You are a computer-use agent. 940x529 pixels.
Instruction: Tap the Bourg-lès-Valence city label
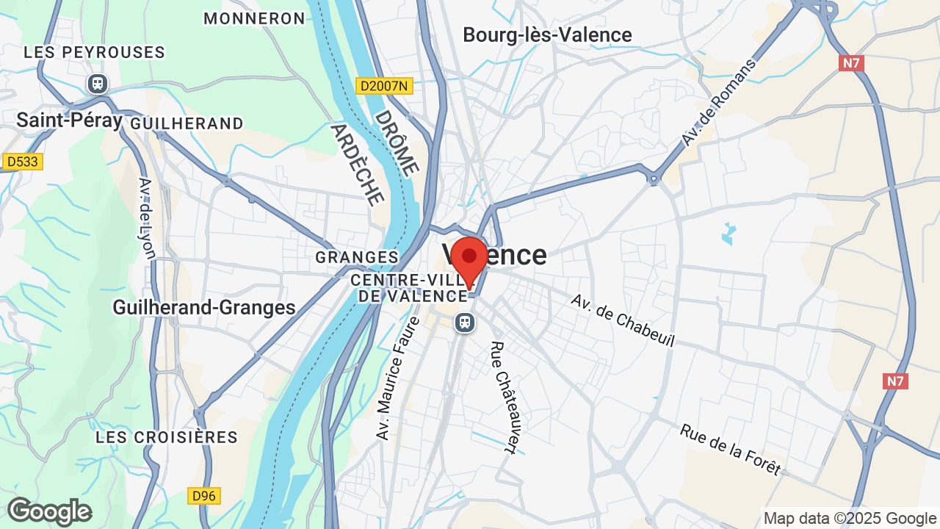click(x=547, y=35)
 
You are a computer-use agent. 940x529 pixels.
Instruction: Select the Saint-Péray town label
click(x=69, y=120)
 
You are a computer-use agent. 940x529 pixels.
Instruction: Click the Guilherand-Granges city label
click(x=204, y=307)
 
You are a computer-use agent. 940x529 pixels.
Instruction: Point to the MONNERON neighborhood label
click(x=254, y=18)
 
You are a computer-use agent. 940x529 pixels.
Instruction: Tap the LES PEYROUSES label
click(x=94, y=52)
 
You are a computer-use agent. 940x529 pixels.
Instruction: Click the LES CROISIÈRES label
click(x=167, y=437)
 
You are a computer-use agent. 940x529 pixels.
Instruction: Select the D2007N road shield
click(x=384, y=86)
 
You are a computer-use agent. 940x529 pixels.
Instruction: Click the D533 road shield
click(x=23, y=162)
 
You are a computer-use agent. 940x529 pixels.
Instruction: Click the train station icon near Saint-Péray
click(x=97, y=84)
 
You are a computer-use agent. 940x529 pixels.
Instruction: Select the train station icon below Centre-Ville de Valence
click(x=464, y=323)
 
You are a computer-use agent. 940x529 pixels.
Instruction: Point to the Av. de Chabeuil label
click(x=622, y=321)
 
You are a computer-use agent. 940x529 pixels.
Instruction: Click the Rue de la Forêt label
click(x=729, y=450)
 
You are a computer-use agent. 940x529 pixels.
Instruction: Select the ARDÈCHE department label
click(x=357, y=163)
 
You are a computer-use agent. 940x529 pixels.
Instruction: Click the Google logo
click(x=49, y=511)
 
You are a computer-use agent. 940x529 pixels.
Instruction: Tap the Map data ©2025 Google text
click(x=850, y=519)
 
